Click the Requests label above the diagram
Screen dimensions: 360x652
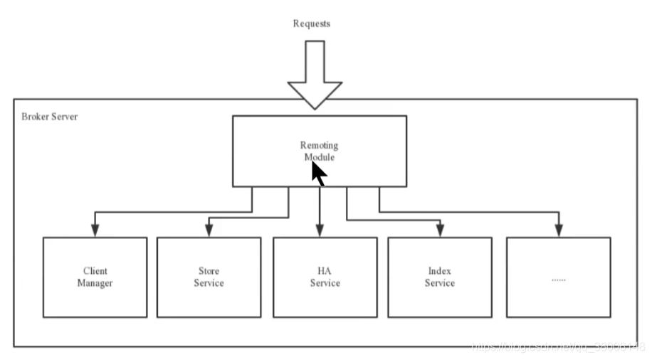(x=312, y=23)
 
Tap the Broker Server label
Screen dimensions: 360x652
(x=50, y=116)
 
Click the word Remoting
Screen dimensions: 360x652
(x=319, y=146)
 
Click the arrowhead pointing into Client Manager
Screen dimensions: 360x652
(x=94, y=230)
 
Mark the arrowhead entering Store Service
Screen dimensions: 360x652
(x=209, y=230)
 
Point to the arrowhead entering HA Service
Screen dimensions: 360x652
(x=320, y=230)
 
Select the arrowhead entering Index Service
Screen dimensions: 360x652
(x=440, y=230)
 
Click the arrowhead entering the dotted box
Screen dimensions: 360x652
(x=558, y=230)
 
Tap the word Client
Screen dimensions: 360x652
(x=95, y=271)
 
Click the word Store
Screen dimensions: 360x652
(x=209, y=271)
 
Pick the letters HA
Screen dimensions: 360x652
(x=325, y=271)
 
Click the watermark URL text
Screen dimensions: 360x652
(x=559, y=347)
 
